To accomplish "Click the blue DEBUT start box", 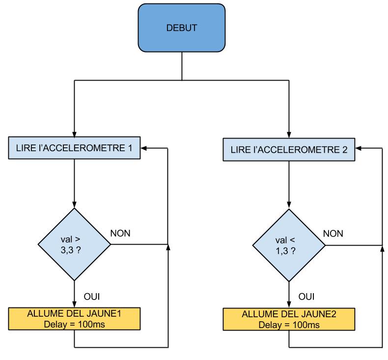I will click(x=182, y=28).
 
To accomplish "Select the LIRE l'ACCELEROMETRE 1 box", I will click(x=74, y=148).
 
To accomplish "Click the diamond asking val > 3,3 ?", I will click(x=74, y=244).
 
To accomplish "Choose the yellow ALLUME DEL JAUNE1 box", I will click(x=74, y=318).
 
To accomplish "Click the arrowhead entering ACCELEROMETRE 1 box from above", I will click(x=74, y=135).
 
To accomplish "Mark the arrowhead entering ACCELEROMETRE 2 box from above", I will click(x=289, y=136).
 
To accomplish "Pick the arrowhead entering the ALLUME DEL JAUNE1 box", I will click(x=74, y=305).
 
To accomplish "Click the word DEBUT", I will click(x=182, y=28).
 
